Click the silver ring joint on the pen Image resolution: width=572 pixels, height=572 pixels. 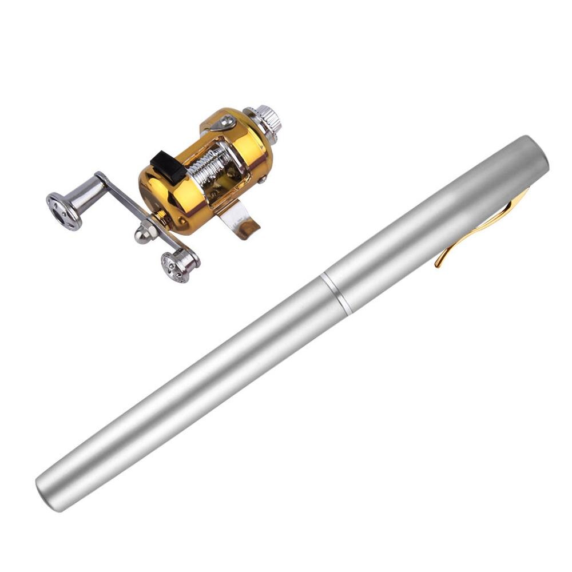(x=336, y=293)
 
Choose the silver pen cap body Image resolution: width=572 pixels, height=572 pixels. (x=435, y=223)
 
